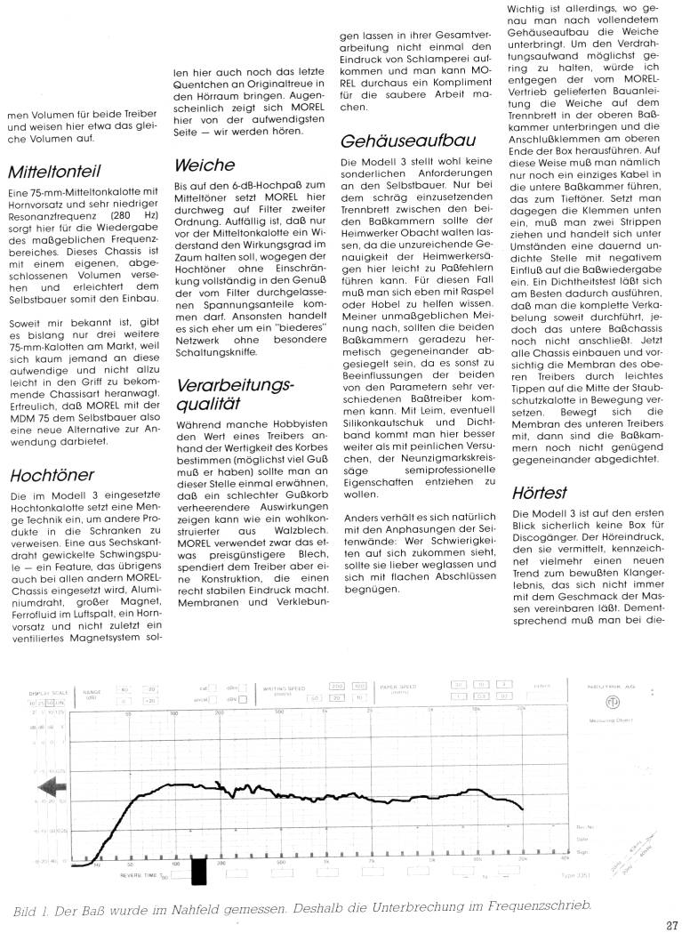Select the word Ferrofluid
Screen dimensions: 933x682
(x=31, y=603)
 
